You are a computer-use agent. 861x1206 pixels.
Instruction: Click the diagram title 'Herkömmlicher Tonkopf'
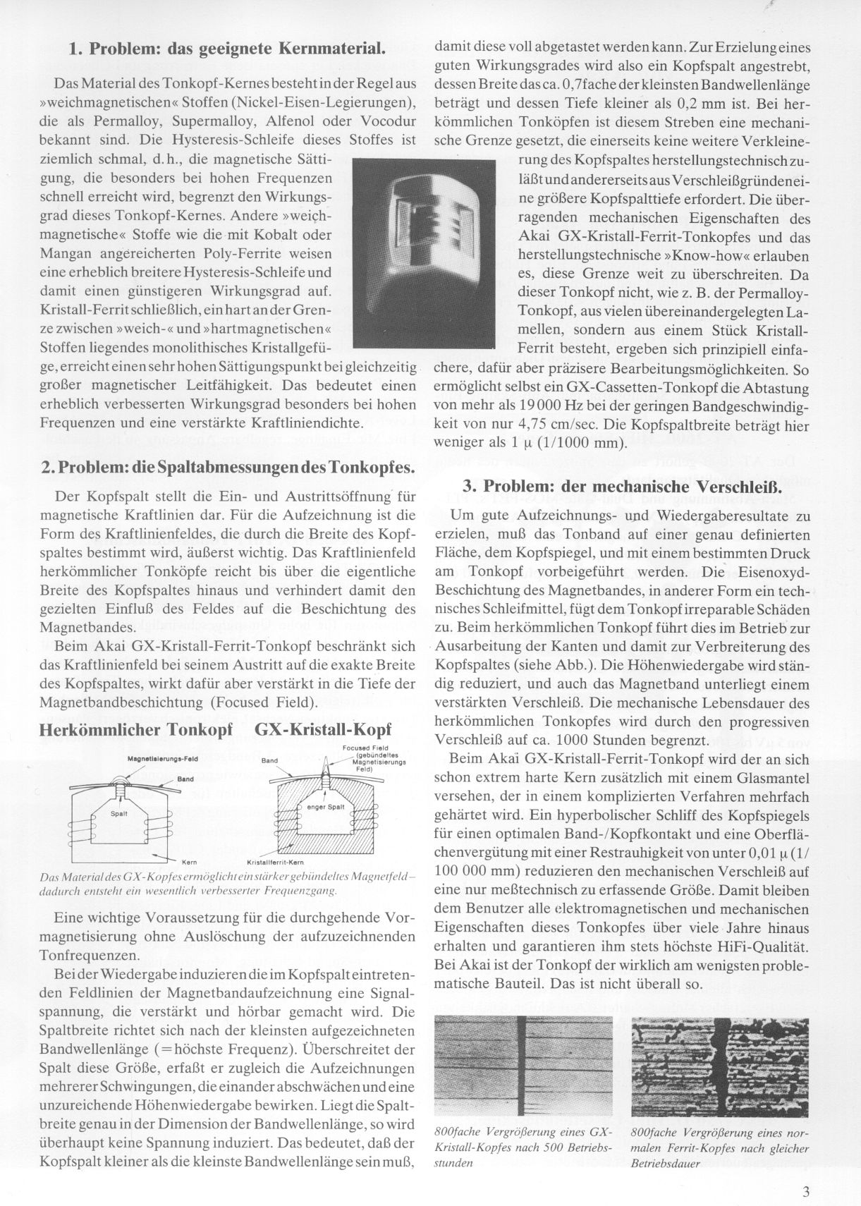(x=136, y=731)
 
